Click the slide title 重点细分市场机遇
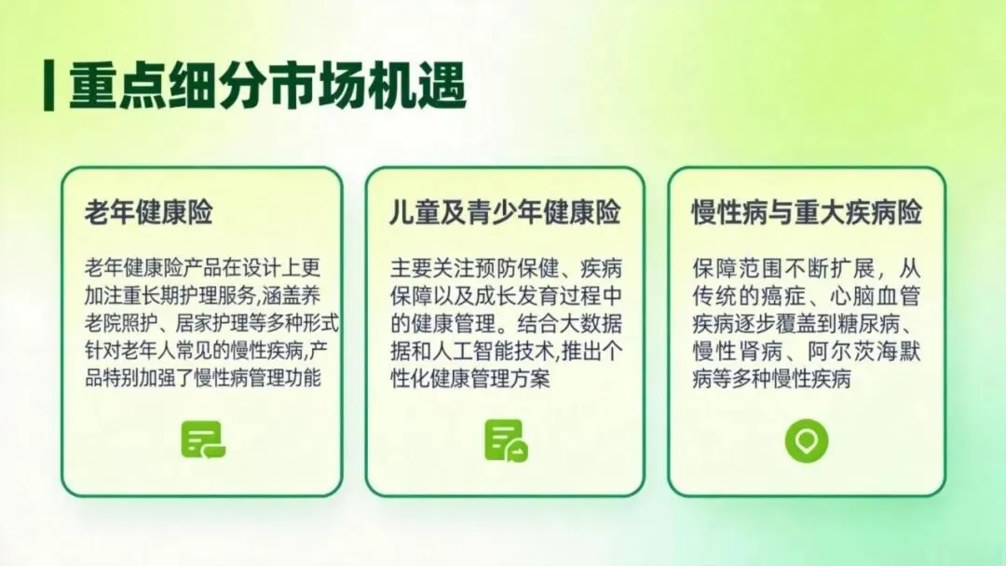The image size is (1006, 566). coord(267,86)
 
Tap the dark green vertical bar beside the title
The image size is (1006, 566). coord(48,86)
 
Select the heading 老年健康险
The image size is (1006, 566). coord(149,212)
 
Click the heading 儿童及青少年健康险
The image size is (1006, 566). coord(506,212)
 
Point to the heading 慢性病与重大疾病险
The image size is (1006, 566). coord(807,212)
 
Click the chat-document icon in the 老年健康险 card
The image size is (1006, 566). coord(203,440)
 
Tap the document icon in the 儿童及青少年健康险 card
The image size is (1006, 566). coord(506,440)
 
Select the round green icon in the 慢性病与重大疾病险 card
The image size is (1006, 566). coord(807,441)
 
